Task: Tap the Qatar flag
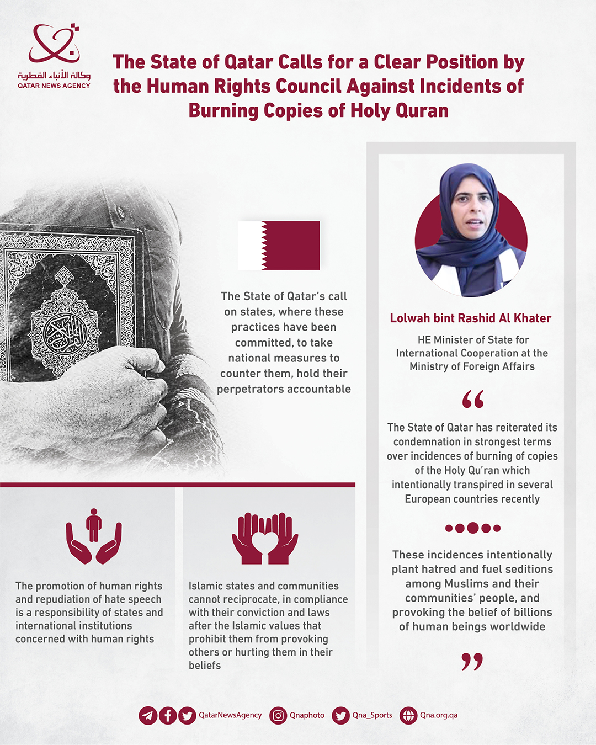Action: click(x=279, y=245)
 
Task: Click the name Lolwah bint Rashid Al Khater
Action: click(x=471, y=318)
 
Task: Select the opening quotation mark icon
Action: click(x=473, y=399)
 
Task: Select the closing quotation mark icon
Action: click(x=472, y=661)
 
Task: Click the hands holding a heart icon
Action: click(x=265, y=539)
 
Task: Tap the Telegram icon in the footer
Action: click(x=148, y=716)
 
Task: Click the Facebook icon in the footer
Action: click(x=168, y=716)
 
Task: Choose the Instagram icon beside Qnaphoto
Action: click(x=279, y=716)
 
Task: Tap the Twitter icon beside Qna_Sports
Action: click(x=341, y=716)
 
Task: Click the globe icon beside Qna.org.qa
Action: click(x=408, y=716)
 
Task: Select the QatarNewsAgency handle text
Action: click(x=230, y=715)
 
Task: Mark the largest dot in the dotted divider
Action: click(x=472, y=528)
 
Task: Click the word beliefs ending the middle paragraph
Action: click(x=205, y=666)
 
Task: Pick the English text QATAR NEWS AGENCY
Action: click(x=54, y=86)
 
